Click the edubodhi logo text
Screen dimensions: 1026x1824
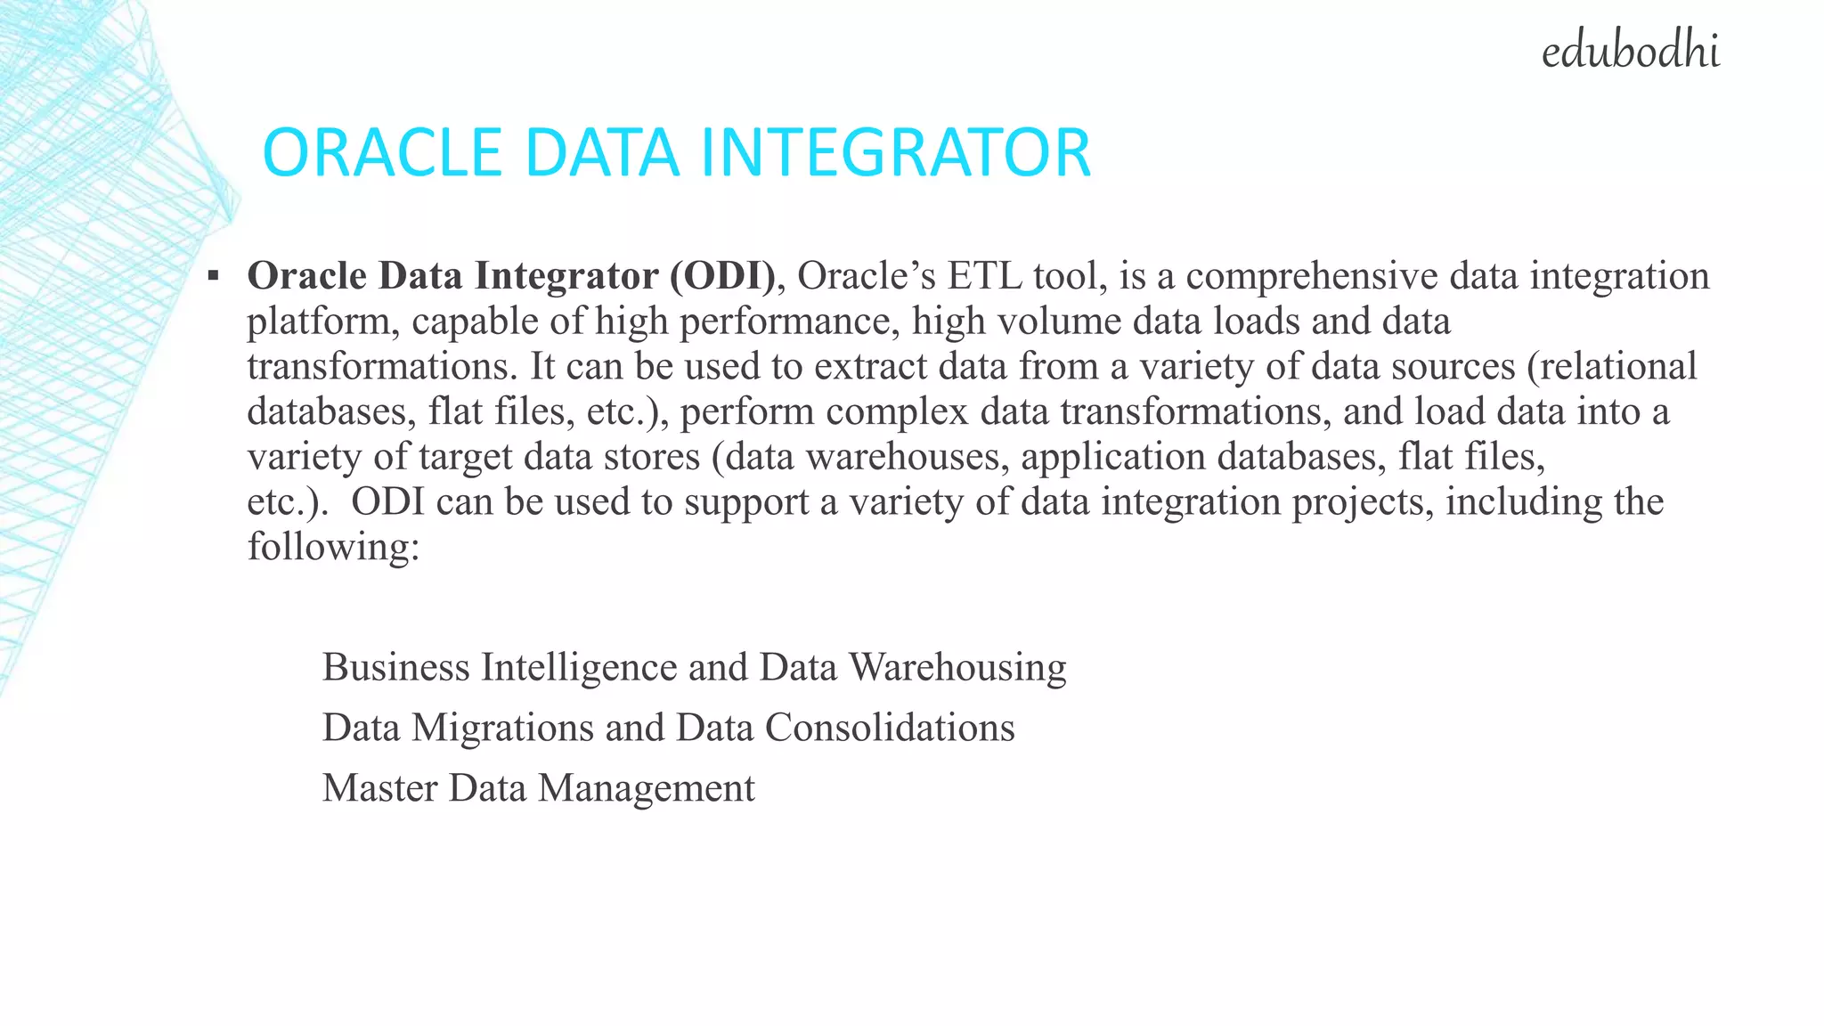pyautogui.click(x=1630, y=51)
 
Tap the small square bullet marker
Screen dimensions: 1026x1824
pyautogui.click(x=213, y=276)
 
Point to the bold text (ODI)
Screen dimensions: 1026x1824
pyautogui.click(x=723, y=276)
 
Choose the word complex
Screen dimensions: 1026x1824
pyautogui.click(x=897, y=411)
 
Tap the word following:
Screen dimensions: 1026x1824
pyautogui.click(x=333, y=547)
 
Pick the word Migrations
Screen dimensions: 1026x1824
pyautogui.click(x=502, y=728)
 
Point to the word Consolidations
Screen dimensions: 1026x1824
pyautogui.click(x=890, y=728)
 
